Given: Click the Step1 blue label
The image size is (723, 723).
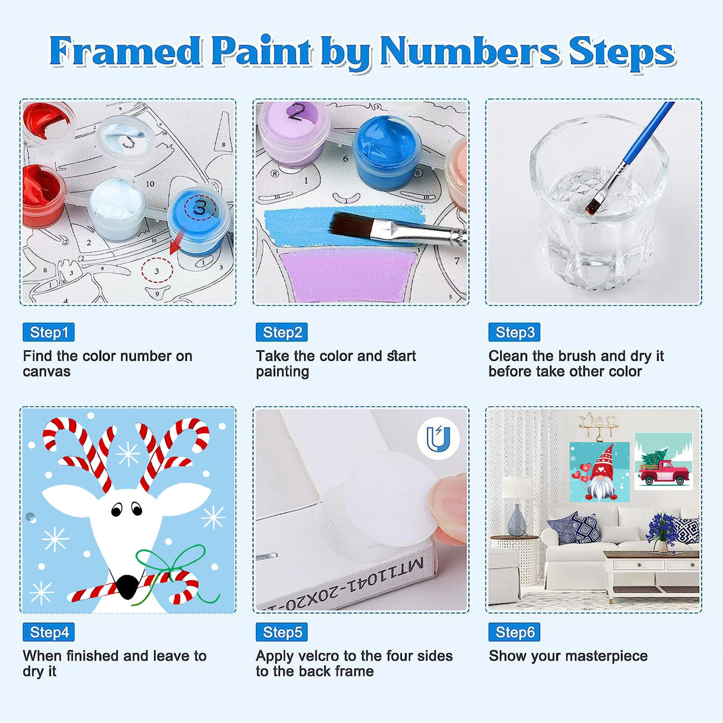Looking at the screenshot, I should (x=48, y=332).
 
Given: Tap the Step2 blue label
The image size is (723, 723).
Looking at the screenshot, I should (x=282, y=332).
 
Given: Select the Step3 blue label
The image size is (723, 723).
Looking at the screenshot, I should (x=514, y=332).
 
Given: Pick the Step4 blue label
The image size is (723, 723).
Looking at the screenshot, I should (x=48, y=632).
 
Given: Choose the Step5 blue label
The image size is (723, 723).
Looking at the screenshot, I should (x=282, y=632).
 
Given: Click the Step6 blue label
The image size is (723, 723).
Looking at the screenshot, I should (x=514, y=632).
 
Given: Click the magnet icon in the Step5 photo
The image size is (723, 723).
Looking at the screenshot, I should (x=438, y=439).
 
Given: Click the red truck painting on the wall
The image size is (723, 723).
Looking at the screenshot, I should (x=663, y=462).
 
